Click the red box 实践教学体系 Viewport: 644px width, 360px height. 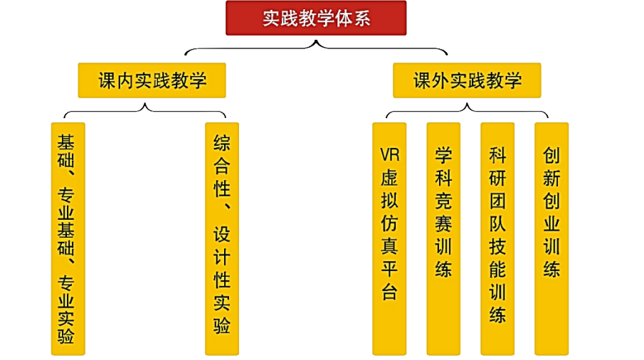point(316,18)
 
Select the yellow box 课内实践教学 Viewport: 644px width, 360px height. point(152,80)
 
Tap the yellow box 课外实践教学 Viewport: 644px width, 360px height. point(467,80)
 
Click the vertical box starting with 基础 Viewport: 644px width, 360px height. point(68,238)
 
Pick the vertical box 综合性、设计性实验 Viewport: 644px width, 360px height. point(221,238)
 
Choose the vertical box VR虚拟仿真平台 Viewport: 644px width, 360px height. point(389,238)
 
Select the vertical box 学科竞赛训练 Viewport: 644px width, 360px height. point(443,238)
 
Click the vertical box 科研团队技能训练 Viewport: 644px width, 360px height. point(497,238)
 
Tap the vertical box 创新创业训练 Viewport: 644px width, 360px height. point(551,238)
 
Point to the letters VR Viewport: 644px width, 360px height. point(389,154)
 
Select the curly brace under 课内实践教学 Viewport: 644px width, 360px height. point(145,109)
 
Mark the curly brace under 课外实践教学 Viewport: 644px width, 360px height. point(467,109)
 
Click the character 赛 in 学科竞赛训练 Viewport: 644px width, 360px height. point(443,223)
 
